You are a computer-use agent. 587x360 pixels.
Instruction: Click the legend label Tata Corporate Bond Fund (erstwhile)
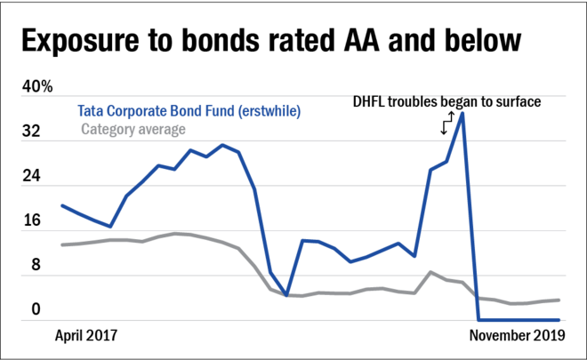click(x=189, y=113)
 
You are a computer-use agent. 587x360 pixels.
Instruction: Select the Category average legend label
click(x=133, y=129)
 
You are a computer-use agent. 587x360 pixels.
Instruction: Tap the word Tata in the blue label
click(x=87, y=113)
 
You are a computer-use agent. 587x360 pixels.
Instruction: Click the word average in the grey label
click(x=161, y=129)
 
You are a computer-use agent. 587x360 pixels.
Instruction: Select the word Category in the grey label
click(x=107, y=129)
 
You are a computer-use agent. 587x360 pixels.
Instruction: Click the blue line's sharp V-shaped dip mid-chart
click(x=286, y=294)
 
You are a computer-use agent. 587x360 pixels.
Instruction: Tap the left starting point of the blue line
click(x=61, y=204)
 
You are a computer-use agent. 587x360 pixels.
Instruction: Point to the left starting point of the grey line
click(x=61, y=244)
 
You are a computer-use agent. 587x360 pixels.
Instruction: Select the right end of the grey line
click(x=559, y=300)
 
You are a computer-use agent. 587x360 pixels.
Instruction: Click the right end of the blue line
click(x=559, y=320)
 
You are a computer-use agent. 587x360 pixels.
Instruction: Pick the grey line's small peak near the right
click(x=430, y=270)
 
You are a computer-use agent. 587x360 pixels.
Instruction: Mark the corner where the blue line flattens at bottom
click(x=478, y=320)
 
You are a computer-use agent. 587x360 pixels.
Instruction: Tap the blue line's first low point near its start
click(x=110, y=228)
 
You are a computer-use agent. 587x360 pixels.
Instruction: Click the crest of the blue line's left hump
click(x=222, y=144)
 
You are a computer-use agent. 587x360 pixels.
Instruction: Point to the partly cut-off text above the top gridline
click(x=436, y=93)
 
